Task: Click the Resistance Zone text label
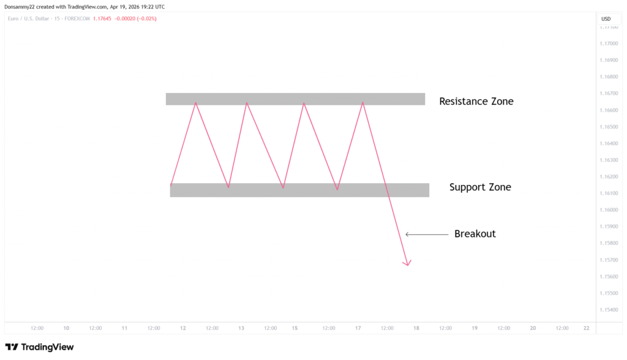click(476, 101)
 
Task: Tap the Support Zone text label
click(479, 187)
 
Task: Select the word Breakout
click(475, 234)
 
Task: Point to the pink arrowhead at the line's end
click(407, 263)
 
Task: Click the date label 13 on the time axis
click(241, 328)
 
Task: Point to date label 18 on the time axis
click(416, 328)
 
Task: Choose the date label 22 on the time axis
click(586, 328)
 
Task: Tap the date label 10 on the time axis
click(66, 328)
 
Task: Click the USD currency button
click(606, 19)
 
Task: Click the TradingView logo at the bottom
click(39, 347)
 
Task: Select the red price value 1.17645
click(102, 18)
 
